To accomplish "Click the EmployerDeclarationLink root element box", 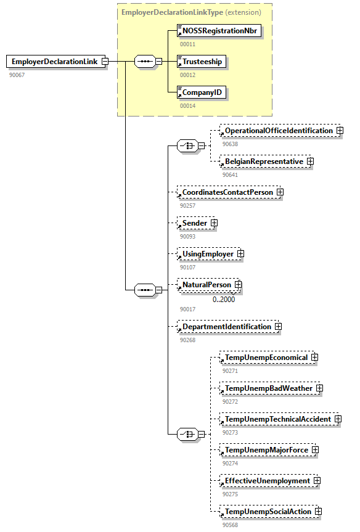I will [54, 62].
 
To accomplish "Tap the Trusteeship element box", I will [202, 61].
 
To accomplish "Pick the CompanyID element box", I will [201, 92].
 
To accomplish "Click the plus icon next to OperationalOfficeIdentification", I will [340, 131].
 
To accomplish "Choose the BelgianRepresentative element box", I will [264, 162].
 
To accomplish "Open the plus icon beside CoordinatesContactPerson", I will [280, 192].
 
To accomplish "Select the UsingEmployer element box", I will [207, 253].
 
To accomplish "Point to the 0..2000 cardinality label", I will [224, 300].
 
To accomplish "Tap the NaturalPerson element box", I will [206, 285].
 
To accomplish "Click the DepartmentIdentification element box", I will [226, 327].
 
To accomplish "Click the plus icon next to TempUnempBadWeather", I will [319, 388].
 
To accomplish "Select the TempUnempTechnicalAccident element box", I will [277, 419].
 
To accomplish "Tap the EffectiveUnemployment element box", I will [266, 481].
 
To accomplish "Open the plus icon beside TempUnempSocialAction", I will [318, 512].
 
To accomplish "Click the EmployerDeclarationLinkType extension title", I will [191, 12].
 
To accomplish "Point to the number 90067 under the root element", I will [17, 75].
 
